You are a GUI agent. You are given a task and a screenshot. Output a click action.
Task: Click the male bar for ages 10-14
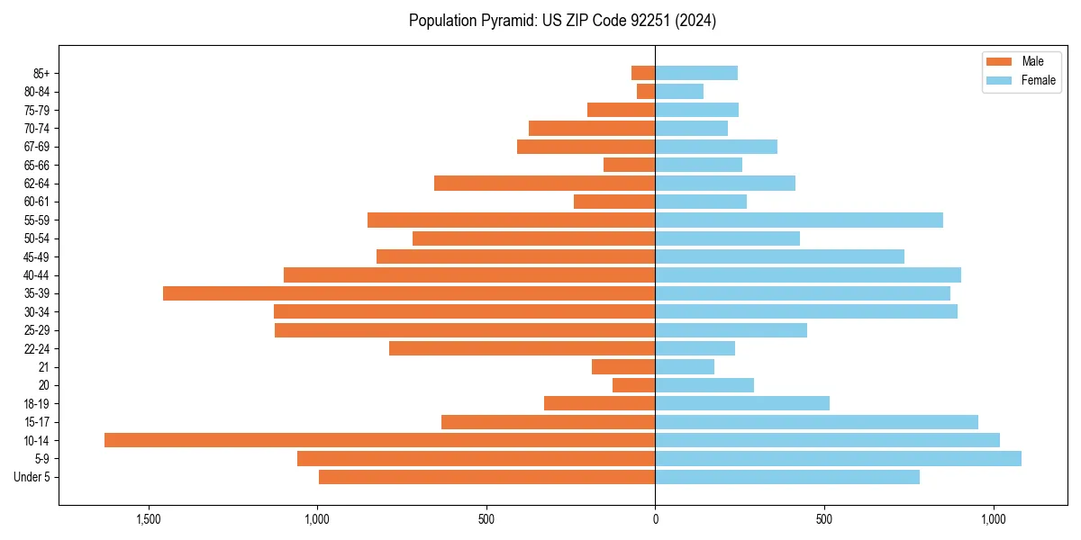(x=379, y=440)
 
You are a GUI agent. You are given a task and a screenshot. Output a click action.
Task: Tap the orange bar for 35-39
(x=409, y=293)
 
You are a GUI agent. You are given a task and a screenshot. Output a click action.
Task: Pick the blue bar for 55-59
(x=799, y=220)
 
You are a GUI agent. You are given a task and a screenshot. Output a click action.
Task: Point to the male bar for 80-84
(x=646, y=92)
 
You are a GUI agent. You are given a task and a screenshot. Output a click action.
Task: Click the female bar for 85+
(x=696, y=73)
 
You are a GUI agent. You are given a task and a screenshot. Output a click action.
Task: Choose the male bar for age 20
(x=633, y=385)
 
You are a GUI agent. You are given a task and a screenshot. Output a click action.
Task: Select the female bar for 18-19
(x=742, y=403)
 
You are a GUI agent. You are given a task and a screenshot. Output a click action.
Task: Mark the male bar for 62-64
(x=544, y=184)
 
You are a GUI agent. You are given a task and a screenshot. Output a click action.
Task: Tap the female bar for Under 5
(x=787, y=477)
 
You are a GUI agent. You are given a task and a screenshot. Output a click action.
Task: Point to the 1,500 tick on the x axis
(x=149, y=519)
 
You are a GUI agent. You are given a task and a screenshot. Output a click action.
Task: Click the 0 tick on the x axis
(x=655, y=519)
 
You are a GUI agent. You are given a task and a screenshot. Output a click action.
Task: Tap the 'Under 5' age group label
(x=32, y=477)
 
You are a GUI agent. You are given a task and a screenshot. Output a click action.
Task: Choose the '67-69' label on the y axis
(x=37, y=147)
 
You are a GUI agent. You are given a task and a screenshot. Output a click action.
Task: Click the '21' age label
(x=43, y=367)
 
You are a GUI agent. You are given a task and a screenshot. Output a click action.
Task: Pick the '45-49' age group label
(x=37, y=256)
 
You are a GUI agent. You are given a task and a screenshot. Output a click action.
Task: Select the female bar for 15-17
(x=816, y=422)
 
